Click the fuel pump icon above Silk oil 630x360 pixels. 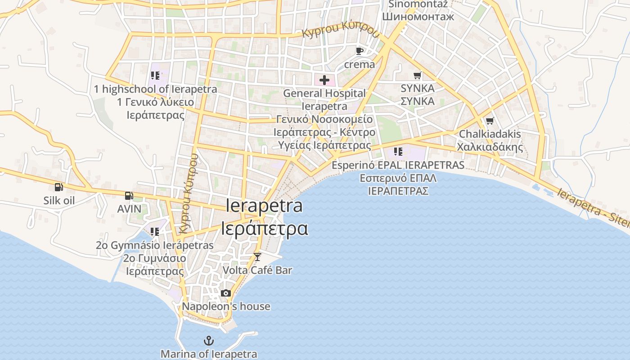click(58, 187)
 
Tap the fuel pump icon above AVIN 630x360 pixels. click(129, 196)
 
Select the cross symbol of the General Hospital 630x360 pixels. click(324, 81)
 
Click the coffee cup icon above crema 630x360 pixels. click(359, 51)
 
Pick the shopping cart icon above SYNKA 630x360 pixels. click(418, 75)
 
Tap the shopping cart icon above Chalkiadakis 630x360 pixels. click(490, 121)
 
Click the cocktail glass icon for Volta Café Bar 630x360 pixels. click(257, 257)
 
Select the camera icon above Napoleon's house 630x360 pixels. click(226, 293)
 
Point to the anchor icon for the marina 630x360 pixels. click(208, 341)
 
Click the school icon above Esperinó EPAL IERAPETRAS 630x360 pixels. click(398, 152)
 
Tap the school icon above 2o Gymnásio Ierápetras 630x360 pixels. click(155, 232)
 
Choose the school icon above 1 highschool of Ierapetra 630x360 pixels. click(155, 76)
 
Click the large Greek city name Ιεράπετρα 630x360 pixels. click(265, 229)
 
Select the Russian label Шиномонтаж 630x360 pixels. click(418, 17)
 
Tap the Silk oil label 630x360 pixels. click(59, 201)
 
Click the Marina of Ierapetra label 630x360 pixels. click(209, 354)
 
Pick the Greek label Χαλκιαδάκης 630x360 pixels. click(490, 147)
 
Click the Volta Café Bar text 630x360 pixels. click(257, 270)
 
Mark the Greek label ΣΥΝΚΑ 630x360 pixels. click(418, 101)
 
